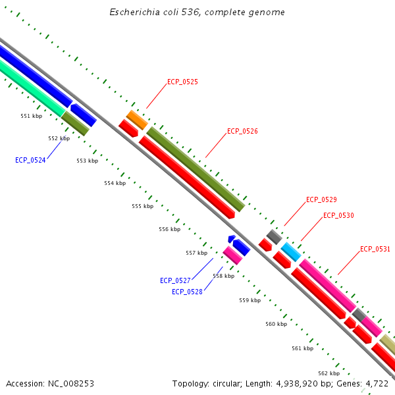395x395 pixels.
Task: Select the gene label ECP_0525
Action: click(x=182, y=82)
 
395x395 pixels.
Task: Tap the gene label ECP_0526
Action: click(x=242, y=131)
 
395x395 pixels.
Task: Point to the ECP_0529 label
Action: click(x=321, y=199)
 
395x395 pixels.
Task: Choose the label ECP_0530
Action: click(x=338, y=216)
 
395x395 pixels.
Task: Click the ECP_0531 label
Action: click(x=375, y=249)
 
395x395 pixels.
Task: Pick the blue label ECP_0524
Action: click(x=30, y=160)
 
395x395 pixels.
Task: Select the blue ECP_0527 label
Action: click(x=175, y=280)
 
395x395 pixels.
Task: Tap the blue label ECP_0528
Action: click(x=187, y=292)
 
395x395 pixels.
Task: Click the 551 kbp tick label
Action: click(x=31, y=116)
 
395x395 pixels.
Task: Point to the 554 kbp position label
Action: click(x=115, y=183)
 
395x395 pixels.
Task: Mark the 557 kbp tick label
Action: click(x=196, y=253)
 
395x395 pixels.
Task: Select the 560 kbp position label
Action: click(x=276, y=324)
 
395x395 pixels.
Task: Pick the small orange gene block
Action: click(x=137, y=120)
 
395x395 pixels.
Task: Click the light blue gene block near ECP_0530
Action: click(x=291, y=251)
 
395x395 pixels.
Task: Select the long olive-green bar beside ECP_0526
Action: click(x=196, y=169)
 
